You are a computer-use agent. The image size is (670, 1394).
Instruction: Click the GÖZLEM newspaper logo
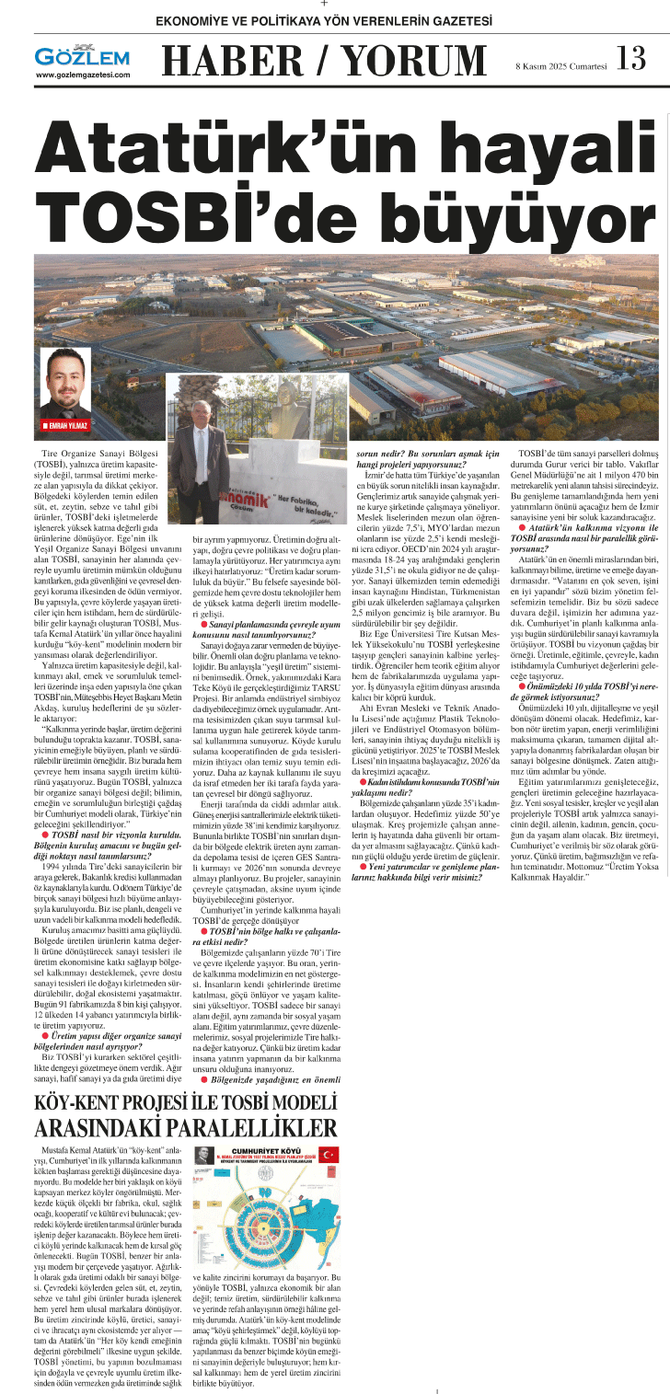[x=80, y=56]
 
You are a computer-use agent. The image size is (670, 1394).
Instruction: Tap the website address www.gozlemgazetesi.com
[x=83, y=75]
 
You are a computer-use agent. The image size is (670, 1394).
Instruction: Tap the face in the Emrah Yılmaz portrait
[x=63, y=374]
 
